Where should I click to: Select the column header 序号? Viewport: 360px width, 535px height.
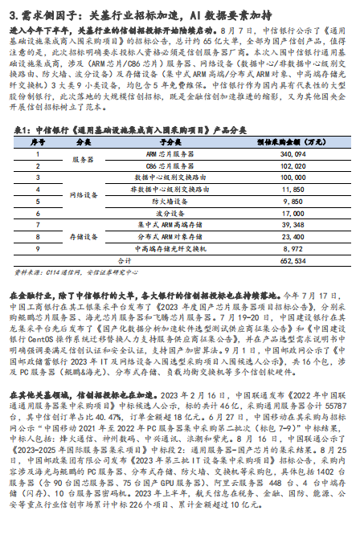tap(37, 141)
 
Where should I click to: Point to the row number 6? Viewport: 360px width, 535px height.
tap(37, 214)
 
